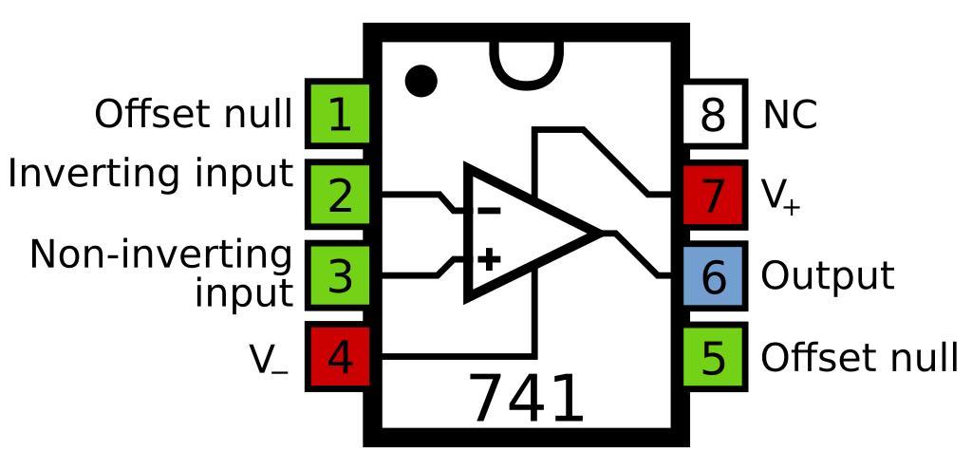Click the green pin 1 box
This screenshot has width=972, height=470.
[x=338, y=115]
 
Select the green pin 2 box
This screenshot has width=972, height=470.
[x=338, y=195]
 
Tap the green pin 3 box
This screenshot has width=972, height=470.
[x=338, y=275]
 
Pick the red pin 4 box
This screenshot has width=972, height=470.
[x=338, y=357]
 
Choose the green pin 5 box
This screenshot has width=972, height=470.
[x=714, y=357]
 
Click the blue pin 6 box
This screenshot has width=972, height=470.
[x=714, y=276]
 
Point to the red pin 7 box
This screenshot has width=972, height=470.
[x=714, y=196]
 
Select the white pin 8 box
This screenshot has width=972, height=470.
[x=714, y=115]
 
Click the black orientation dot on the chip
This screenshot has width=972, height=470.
[x=421, y=81]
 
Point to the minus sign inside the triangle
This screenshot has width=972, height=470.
[x=488, y=211]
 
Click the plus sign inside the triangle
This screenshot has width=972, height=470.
[x=488, y=258]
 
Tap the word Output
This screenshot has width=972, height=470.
[x=827, y=275]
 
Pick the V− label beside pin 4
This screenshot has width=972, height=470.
[x=269, y=359]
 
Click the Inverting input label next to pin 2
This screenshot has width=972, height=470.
[x=150, y=174]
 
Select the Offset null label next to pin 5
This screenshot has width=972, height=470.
[x=859, y=357]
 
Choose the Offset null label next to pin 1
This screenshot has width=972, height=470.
[x=193, y=114]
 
